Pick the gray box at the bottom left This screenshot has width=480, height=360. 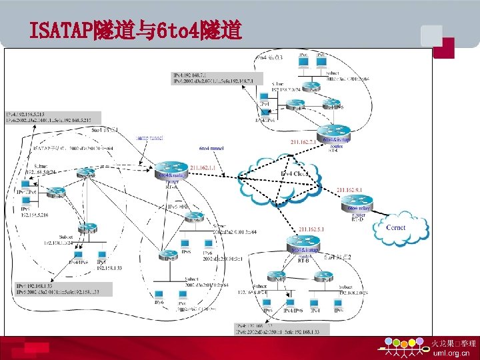pyautogui.click(x=64, y=288)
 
